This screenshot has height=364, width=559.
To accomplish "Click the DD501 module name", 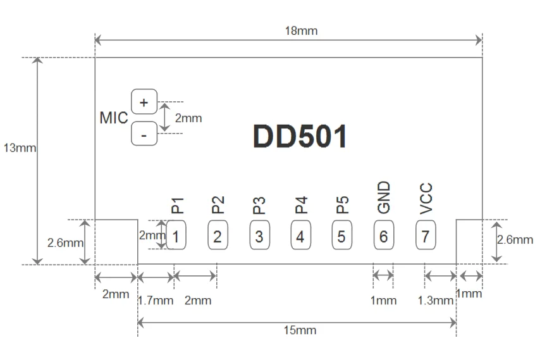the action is (300, 136).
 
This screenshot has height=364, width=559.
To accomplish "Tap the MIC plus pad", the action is (144, 102).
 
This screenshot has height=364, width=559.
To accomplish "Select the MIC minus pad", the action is (144, 134).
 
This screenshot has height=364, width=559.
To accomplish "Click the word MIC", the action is (114, 118).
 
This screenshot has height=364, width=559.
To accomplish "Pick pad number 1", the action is (176, 235).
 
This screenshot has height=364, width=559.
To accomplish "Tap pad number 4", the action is (301, 235).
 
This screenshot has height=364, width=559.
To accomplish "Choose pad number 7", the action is (426, 235).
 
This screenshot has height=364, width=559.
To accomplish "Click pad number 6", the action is (384, 235).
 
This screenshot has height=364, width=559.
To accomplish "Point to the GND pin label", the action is (384, 198).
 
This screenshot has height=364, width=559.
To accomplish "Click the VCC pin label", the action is (426, 198).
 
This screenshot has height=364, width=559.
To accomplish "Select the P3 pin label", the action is (259, 205).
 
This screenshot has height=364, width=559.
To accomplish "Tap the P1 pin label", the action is (177, 205).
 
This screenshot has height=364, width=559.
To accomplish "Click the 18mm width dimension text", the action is (301, 30).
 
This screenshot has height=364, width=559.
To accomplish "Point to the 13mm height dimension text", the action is (20, 147).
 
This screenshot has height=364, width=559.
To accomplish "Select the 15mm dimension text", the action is (300, 330).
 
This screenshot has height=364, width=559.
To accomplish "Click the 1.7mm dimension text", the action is (156, 301).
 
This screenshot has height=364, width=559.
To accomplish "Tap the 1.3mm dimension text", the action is (435, 301).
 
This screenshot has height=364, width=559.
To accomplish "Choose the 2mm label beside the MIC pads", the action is (188, 118).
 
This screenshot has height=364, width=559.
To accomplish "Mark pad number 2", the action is (218, 235).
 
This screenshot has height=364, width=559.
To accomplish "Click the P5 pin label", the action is (342, 205).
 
